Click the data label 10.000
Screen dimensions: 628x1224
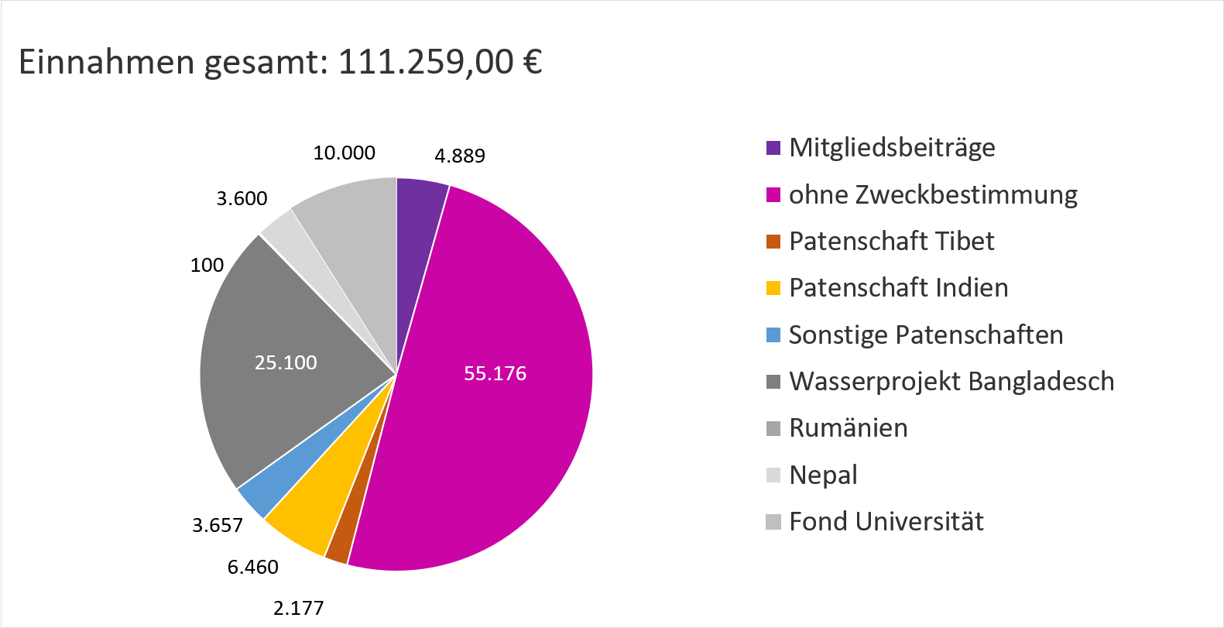[344, 153]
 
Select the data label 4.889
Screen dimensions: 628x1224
[460, 156]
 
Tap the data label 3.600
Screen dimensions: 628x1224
[242, 199]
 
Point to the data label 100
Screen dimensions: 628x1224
[207, 266]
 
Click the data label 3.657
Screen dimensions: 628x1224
[218, 526]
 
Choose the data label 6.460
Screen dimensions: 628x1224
[252, 568]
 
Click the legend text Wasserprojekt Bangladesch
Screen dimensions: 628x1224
[951, 382]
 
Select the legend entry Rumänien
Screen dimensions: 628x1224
[848, 428]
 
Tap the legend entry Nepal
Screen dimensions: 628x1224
[823, 475]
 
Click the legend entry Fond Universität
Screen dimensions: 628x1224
[886, 522]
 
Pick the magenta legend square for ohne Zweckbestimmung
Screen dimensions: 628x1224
[773, 195]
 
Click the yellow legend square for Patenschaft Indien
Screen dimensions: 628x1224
[773, 288]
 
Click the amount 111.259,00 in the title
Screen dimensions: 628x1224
[426, 62]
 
